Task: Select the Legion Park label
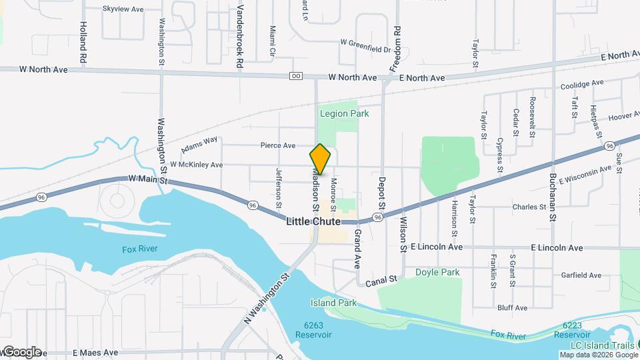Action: (x=344, y=113)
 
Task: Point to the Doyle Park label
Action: (x=437, y=272)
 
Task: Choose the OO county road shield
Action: (x=296, y=76)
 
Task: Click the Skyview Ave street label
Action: (x=123, y=9)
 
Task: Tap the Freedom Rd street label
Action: (x=395, y=49)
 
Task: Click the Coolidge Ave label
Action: (x=582, y=84)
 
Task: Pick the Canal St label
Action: (x=381, y=282)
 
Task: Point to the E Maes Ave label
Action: (x=95, y=352)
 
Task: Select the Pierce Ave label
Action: (x=277, y=145)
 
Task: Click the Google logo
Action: (x=21, y=351)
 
